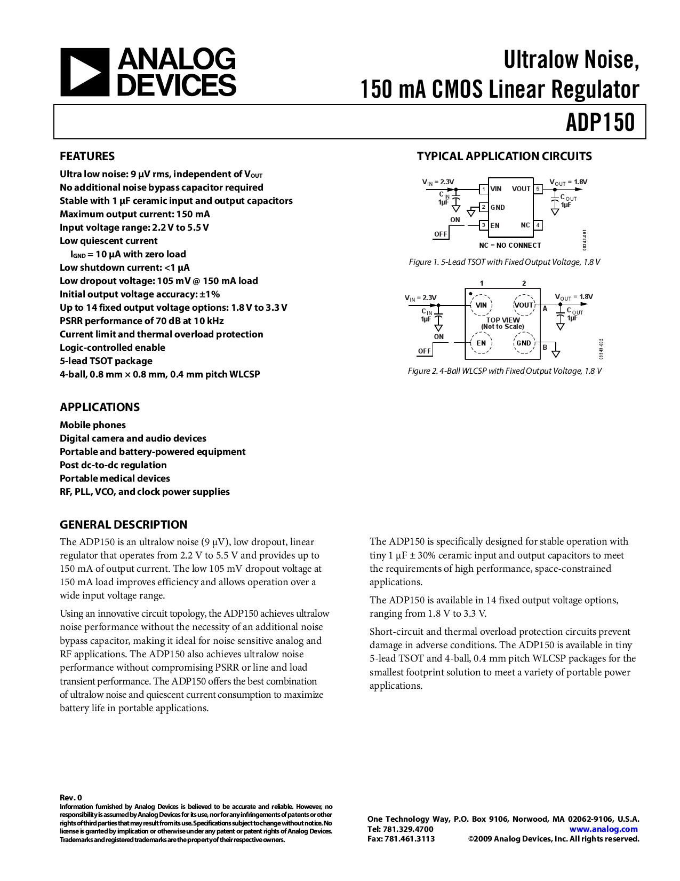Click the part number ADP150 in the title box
601,122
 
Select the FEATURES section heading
87,156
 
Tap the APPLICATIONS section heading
100,407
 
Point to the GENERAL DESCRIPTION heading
124,524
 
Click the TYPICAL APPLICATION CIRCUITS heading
504,156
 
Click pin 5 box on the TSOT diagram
538,189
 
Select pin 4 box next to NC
538,225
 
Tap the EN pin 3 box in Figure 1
484,225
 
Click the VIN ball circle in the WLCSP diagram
481,305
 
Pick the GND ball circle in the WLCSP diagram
524,343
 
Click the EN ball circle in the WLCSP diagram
481,343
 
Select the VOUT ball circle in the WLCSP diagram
524,305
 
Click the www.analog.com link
603,829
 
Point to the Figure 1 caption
504,262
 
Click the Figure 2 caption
504,371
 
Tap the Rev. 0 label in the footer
71,798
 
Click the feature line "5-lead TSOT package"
106,361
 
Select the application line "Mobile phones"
93,425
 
